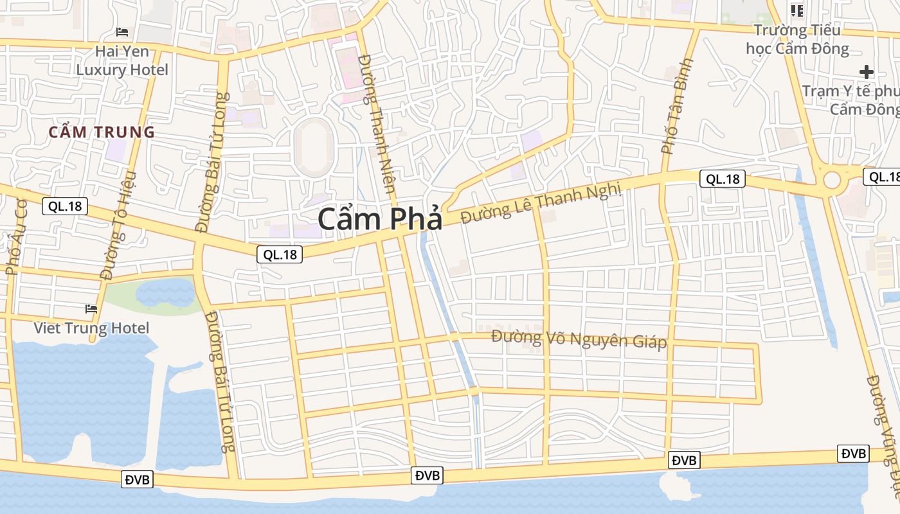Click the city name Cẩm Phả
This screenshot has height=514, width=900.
tap(380, 219)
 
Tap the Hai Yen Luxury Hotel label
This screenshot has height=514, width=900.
tap(122, 60)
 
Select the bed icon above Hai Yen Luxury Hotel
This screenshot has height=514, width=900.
tap(122, 31)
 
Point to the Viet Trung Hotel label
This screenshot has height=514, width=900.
tap(91, 328)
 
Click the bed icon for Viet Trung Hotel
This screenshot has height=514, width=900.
tap(91, 309)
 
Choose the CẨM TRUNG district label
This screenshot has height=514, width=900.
tap(102, 132)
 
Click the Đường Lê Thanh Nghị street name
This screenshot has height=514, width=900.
tap(541, 202)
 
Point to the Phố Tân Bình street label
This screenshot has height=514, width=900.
tap(678, 107)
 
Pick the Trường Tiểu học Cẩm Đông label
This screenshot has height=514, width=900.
tap(797, 39)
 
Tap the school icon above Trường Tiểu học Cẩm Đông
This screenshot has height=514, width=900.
tap(797, 11)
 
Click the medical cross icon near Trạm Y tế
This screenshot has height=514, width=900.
tap(867, 72)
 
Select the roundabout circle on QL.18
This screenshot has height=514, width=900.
tap(832, 179)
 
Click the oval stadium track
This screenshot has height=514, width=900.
tap(314, 146)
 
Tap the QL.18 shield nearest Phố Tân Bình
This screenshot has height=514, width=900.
tap(722, 179)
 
